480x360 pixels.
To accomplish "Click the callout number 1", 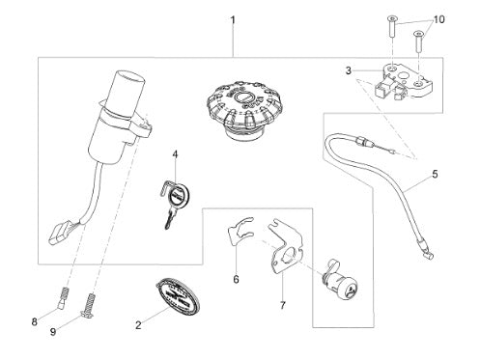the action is tap(233, 20).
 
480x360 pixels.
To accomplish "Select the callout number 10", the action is tap(438, 19).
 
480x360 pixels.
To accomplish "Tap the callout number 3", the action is tap(349, 70).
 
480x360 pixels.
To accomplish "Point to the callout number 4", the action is tap(175, 154).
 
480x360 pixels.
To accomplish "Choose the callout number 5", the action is tap(435, 174).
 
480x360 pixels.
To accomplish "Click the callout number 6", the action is tap(236, 279).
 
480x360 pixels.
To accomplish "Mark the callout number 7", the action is tap(282, 305).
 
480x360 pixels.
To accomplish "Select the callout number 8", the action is tap(35, 321).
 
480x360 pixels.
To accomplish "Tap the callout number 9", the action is tap(53, 332).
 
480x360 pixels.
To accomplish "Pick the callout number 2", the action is tap(138, 325).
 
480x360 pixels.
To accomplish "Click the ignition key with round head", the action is tap(174, 201).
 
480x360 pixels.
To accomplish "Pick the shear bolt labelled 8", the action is tap(63, 297).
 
